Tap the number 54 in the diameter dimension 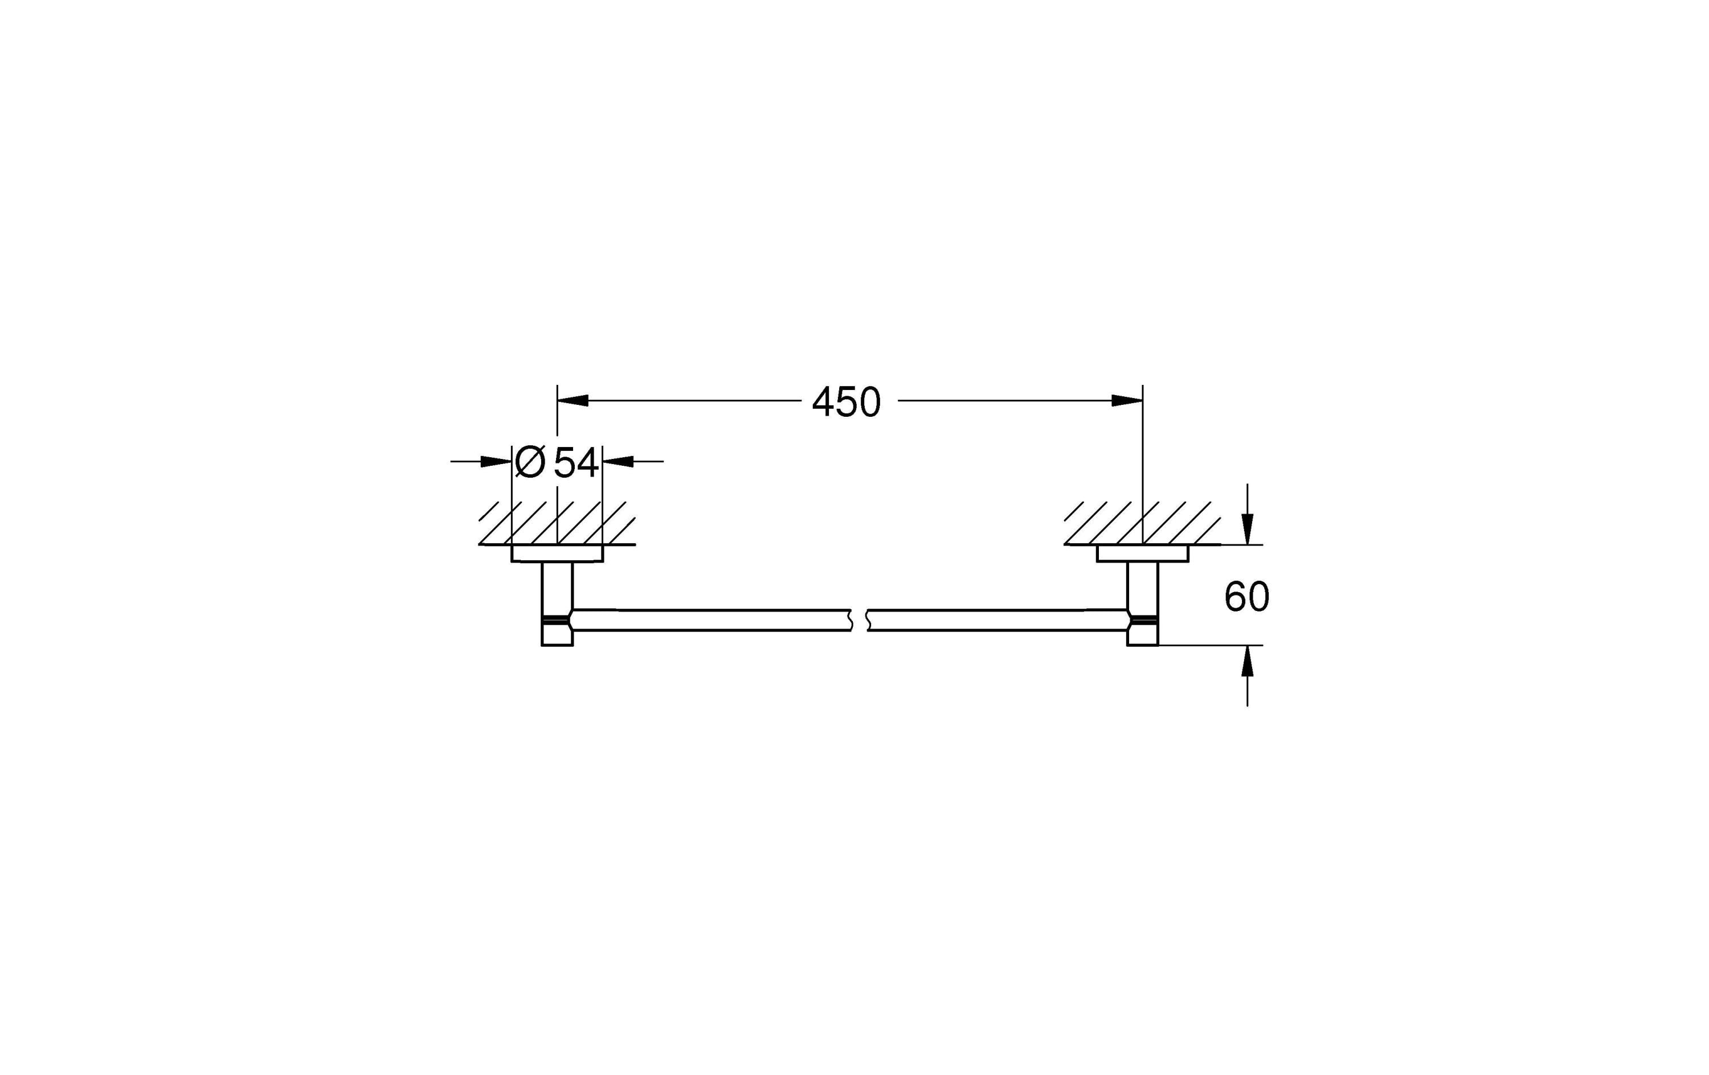coord(575,463)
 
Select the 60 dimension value coord(1247,597)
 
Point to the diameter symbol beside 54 coord(529,462)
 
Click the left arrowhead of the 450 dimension coord(573,401)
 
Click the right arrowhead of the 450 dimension coord(1127,401)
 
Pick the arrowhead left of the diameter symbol coord(496,462)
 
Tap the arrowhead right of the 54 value coord(618,462)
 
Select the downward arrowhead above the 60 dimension coord(1248,530)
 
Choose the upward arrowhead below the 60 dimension coord(1248,660)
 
